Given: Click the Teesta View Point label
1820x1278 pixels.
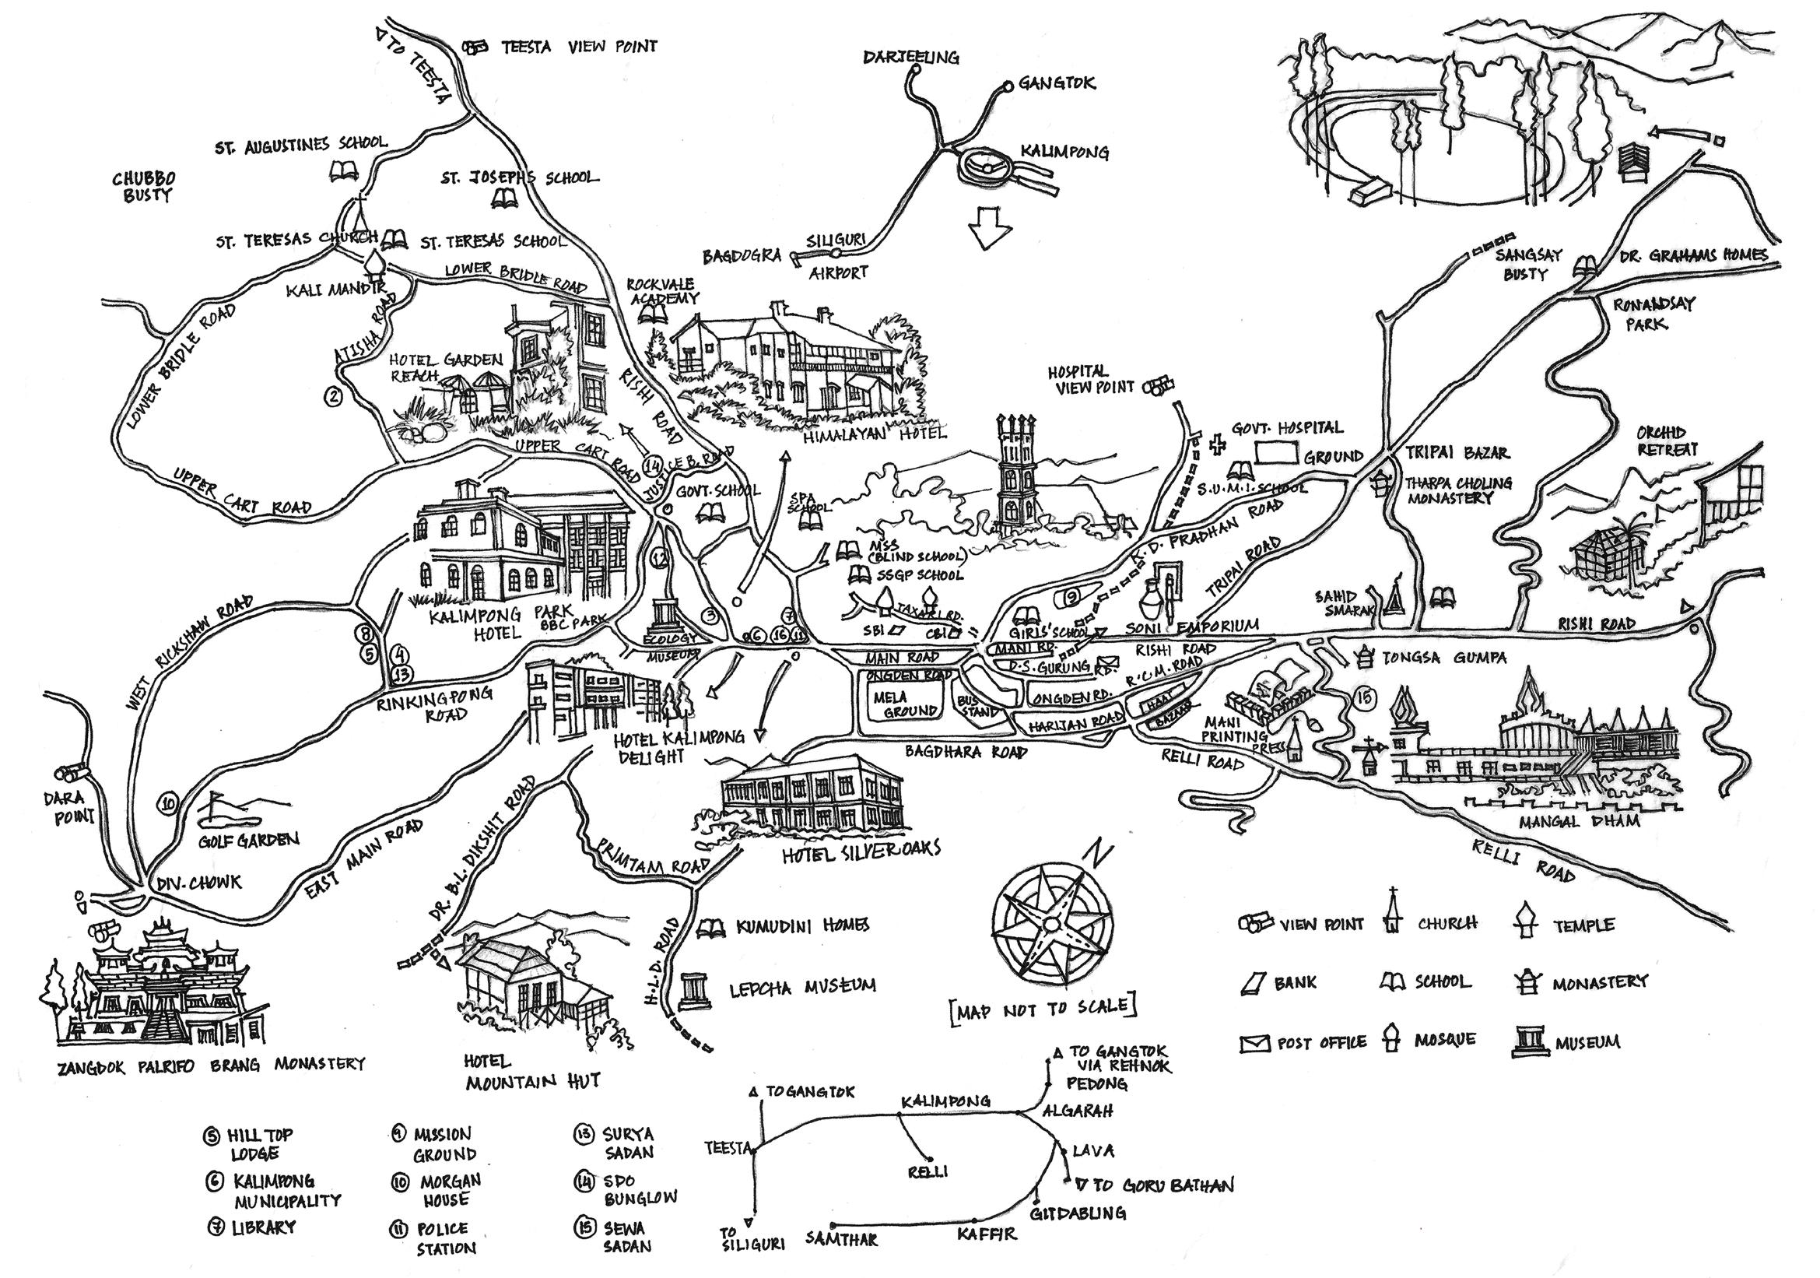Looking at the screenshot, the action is (580, 47).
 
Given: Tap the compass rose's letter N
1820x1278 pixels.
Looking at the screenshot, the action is (1099, 855).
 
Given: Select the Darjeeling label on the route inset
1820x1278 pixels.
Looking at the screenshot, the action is (911, 57).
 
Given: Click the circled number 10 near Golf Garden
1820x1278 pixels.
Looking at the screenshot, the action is (168, 804).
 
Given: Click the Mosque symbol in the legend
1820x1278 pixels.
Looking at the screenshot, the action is (1390, 1038).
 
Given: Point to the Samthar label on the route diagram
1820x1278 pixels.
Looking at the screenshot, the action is (842, 1238).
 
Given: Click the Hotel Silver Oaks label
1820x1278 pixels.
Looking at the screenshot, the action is (861, 849).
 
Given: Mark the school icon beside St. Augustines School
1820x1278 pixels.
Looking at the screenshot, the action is (342, 170).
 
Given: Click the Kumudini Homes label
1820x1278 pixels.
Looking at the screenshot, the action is (802, 925).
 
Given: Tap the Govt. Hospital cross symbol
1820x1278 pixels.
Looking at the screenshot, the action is (1213, 444).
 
